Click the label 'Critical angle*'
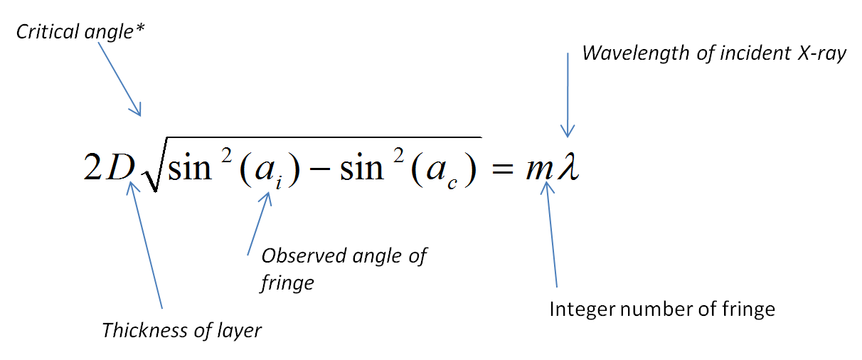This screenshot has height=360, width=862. pyautogui.click(x=81, y=32)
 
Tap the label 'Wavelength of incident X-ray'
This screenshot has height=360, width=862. pyautogui.click(x=714, y=53)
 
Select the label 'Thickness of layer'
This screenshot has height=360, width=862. pyautogui.click(x=181, y=331)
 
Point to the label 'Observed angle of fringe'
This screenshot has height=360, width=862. pyautogui.click(x=344, y=268)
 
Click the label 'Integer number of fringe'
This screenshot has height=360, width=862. pyautogui.click(x=662, y=309)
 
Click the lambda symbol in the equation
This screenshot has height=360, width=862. pyautogui.click(x=568, y=170)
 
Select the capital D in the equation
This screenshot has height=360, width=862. pyautogui.click(x=121, y=169)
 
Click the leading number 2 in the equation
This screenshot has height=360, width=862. pyautogui.click(x=93, y=169)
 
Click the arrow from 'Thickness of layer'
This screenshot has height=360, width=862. pyautogui.click(x=147, y=245)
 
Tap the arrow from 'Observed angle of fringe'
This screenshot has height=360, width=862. pyautogui.click(x=258, y=222)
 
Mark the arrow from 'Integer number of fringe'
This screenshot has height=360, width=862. pyautogui.click(x=551, y=235)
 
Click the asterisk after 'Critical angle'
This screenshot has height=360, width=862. pyautogui.click(x=142, y=30)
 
